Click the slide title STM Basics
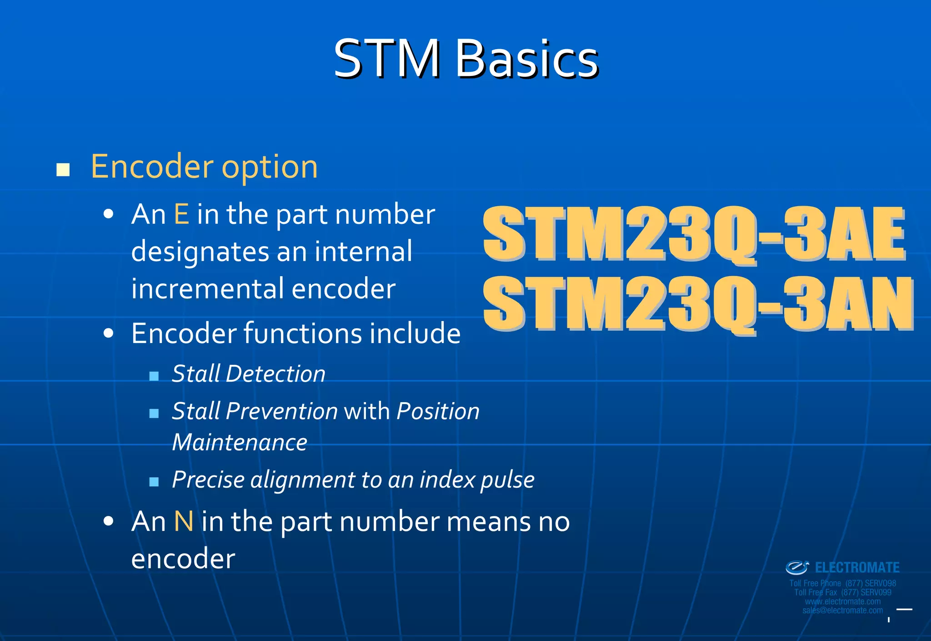pyautogui.click(x=466, y=59)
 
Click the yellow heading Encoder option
pyautogui.click(x=204, y=167)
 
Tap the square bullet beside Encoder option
pyautogui.click(x=63, y=170)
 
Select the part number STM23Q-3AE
pyautogui.click(x=694, y=234)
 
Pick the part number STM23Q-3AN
pyautogui.click(x=698, y=304)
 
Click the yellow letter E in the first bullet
pyautogui.click(x=181, y=214)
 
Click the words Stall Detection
pyautogui.click(x=249, y=374)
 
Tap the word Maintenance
pyautogui.click(x=240, y=443)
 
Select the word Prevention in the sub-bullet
pyautogui.click(x=282, y=411)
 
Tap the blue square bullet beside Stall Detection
pyautogui.click(x=154, y=376)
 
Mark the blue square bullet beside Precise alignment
pyautogui.click(x=154, y=482)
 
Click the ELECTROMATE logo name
pyautogui.click(x=857, y=568)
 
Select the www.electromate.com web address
pyautogui.click(x=842, y=601)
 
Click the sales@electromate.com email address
pyautogui.click(x=842, y=611)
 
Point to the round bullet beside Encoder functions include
pyautogui.click(x=108, y=333)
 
